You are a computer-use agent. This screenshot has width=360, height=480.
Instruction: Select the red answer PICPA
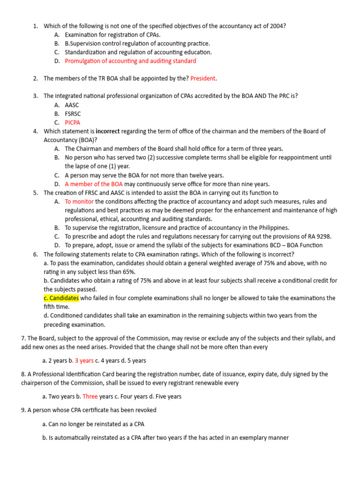pos(73,122)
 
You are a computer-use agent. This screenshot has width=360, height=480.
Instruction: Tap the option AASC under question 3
pos(72,105)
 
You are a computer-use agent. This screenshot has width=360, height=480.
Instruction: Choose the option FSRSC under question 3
pos(74,113)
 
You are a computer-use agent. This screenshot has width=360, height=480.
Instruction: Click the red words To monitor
pos(79,202)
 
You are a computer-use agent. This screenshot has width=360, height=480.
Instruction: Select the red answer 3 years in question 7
pos(84,360)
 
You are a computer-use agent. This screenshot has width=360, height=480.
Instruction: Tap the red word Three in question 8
pos(90,396)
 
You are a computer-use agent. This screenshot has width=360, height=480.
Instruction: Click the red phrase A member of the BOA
pos(94,184)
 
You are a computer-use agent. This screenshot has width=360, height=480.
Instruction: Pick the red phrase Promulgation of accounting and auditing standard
pos(130,61)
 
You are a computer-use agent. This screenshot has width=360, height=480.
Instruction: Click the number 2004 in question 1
pos(276,26)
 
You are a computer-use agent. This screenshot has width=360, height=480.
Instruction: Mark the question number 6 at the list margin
pos(36,255)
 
